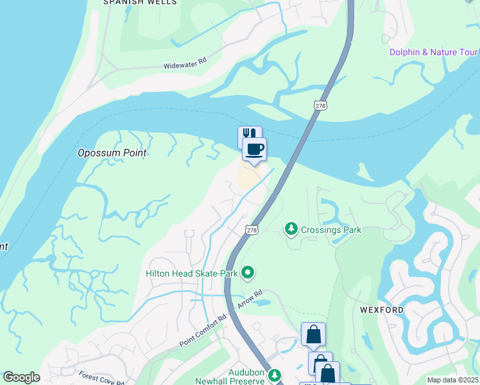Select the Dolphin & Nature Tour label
(434, 52)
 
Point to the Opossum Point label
(112, 153)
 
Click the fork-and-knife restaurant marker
(249, 135)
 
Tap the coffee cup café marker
(254, 150)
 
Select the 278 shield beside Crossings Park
(252, 229)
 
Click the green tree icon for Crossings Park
(291, 229)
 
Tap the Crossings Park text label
(331, 230)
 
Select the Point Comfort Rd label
(204, 330)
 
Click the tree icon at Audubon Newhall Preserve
(275, 373)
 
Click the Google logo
(21, 377)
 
